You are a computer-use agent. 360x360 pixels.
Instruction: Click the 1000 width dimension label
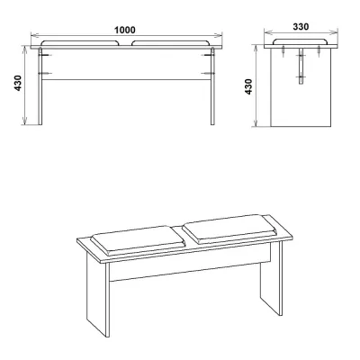pos(125,30)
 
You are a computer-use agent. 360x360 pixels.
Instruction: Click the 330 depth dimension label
pos(301,27)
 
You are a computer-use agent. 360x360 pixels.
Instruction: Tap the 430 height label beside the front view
pos(18,83)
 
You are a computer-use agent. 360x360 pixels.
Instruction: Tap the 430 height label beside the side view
pos(249,86)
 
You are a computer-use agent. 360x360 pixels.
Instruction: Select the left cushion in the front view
pos(80,43)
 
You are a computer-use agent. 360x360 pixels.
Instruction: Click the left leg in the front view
pos(40,86)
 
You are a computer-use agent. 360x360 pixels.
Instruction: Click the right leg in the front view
pos(212,86)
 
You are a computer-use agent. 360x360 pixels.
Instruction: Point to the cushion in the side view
pos(301,41)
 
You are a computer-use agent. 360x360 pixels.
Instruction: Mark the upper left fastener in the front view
pos(45,55)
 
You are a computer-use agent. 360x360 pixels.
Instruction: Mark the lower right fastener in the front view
pos(208,73)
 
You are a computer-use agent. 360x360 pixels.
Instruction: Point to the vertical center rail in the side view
pos(301,67)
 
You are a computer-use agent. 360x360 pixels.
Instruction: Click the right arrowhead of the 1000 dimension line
pos(220,35)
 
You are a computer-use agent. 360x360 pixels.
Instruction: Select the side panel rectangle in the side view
pos(301,87)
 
